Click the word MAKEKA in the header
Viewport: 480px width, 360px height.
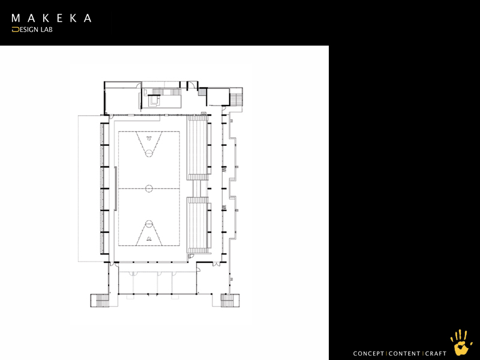(52, 18)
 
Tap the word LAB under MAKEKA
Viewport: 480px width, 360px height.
(47, 29)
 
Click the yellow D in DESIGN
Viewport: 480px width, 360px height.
(16, 29)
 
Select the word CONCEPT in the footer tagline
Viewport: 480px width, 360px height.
(368, 353)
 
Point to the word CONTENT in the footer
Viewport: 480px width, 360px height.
(404, 353)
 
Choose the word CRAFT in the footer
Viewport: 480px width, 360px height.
(436, 353)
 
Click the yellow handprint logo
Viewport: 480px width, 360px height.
(461, 342)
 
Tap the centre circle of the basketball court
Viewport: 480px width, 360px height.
(149, 188)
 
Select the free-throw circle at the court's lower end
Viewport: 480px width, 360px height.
(149, 224)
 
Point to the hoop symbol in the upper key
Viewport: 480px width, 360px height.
(149, 138)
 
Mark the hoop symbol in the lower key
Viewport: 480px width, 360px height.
(149, 239)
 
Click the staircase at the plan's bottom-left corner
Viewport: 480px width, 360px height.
(100, 301)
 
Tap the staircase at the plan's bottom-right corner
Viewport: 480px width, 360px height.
(230, 301)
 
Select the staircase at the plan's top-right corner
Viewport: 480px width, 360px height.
(236, 97)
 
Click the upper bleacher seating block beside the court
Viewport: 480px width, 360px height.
(199, 148)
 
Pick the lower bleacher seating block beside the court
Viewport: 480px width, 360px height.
(199, 226)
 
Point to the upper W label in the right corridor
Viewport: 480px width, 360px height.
(224, 169)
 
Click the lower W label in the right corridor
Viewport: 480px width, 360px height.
(224, 208)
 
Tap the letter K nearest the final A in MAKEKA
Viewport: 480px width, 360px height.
(73, 18)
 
